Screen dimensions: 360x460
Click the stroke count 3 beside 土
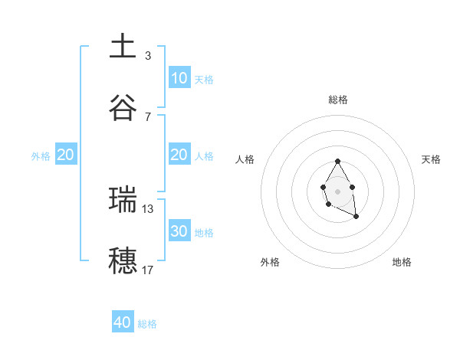pyautogui.click(x=148, y=56)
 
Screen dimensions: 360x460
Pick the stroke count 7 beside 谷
pyautogui.click(x=148, y=116)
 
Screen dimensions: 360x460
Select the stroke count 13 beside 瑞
pyautogui.click(x=148, y=208)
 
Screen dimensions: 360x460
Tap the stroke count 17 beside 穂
pyautogui.click(x=148, y=270)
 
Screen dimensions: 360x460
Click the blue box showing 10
pyautogui.click(x=179, y=78)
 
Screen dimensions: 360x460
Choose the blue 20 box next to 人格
pyautogui.click(x=179, y=155)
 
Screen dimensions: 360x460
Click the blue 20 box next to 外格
pyautogui.click(x=65, y=155)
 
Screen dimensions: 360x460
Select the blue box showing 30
pyautogui.click(x=179, y=231)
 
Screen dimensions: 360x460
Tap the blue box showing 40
pyautogui.click(x=123, y=322)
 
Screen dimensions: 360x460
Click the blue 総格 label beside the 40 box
pyautogui.click(x=147, y=324)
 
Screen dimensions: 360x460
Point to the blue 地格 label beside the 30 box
pyautogui.click(x=204, y=233)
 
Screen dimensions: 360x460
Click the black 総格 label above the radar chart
pyautogui.click(x=338, y=100)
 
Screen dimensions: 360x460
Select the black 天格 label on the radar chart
pyautogui.click(x=432, y=159)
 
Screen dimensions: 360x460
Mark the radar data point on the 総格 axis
pyautogui.click(x=337, y=162)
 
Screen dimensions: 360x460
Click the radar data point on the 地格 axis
pyautogui.click(x=356, y=217)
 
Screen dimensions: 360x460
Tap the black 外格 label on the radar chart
pyautogui.click(x=270, y=262)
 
